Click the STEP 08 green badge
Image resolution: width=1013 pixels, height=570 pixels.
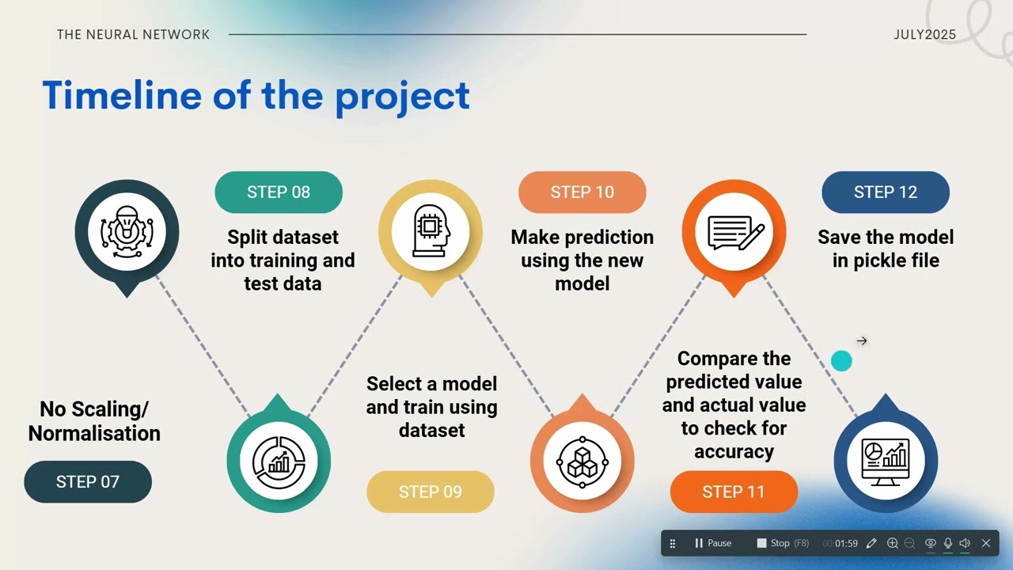click(279, 192)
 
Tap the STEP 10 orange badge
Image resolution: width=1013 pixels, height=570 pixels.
click(582, 192)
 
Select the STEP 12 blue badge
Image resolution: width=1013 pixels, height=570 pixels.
click(885, 192)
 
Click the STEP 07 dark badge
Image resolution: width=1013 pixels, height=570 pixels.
click(88, 481)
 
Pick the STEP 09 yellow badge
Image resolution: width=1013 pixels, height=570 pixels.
click(430, 492)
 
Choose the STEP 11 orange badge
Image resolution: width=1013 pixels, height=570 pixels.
click(734, 492)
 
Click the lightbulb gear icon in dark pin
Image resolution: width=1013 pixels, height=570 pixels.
click(127, 232)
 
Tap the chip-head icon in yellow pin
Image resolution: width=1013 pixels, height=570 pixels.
click(431, 232)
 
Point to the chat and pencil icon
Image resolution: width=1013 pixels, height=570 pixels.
click(734, 232)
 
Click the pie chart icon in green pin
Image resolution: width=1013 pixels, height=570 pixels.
click(279, 461)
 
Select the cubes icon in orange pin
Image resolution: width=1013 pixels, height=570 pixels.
click(582, 461)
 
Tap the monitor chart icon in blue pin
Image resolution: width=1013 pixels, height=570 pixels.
click(886, 457)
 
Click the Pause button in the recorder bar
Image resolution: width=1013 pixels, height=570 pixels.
click(712, 543)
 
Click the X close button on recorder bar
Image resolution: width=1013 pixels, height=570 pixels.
click(985, 543)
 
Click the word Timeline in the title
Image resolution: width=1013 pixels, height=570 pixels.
click(122, 95)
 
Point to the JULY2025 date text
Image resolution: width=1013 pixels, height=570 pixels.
click(924, 35)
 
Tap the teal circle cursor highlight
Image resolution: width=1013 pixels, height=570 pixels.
click(841, 361)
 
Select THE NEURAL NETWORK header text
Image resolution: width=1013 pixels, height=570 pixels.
click(134, 35)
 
